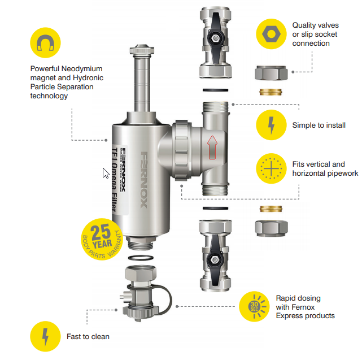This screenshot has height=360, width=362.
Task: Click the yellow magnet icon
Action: click(x=46, y=44)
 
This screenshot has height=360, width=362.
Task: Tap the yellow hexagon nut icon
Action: click(x=272, y=33)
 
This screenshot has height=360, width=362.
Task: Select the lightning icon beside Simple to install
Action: click(x=272, y=125)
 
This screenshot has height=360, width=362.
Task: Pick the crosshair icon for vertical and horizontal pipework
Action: click(x=272, y=168)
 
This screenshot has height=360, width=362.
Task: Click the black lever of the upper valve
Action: click(x=215, y=39)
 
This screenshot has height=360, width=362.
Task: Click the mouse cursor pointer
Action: click(x=106, y=173)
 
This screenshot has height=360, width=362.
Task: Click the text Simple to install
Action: click(x=319, y=125)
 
